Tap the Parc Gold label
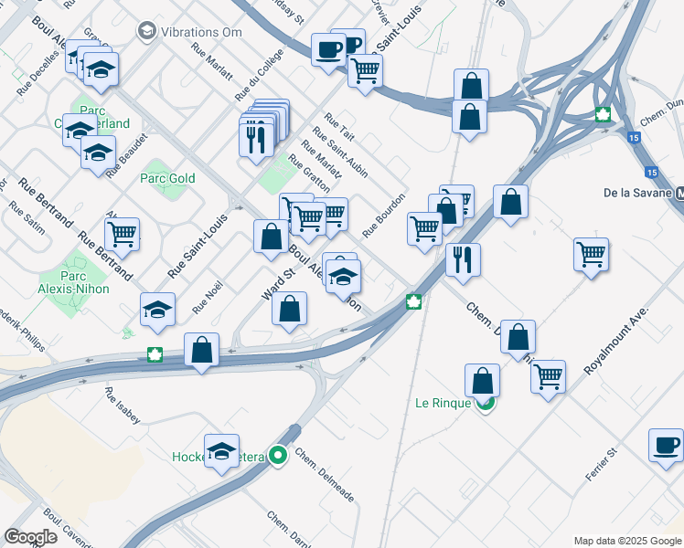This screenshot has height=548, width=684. point(168,178)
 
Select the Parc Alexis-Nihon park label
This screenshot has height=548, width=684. point(85,282)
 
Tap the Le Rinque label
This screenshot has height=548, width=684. point(444,403)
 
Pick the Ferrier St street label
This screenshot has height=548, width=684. point(602,465)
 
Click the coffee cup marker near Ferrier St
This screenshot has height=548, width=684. point(665,445)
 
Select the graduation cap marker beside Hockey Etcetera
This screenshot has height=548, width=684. point(221,451)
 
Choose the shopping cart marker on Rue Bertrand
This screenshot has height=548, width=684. point(122,234)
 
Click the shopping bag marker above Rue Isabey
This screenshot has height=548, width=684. point(201,349)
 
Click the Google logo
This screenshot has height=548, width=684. point(30,537)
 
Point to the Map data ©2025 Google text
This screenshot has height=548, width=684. point(627,541)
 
